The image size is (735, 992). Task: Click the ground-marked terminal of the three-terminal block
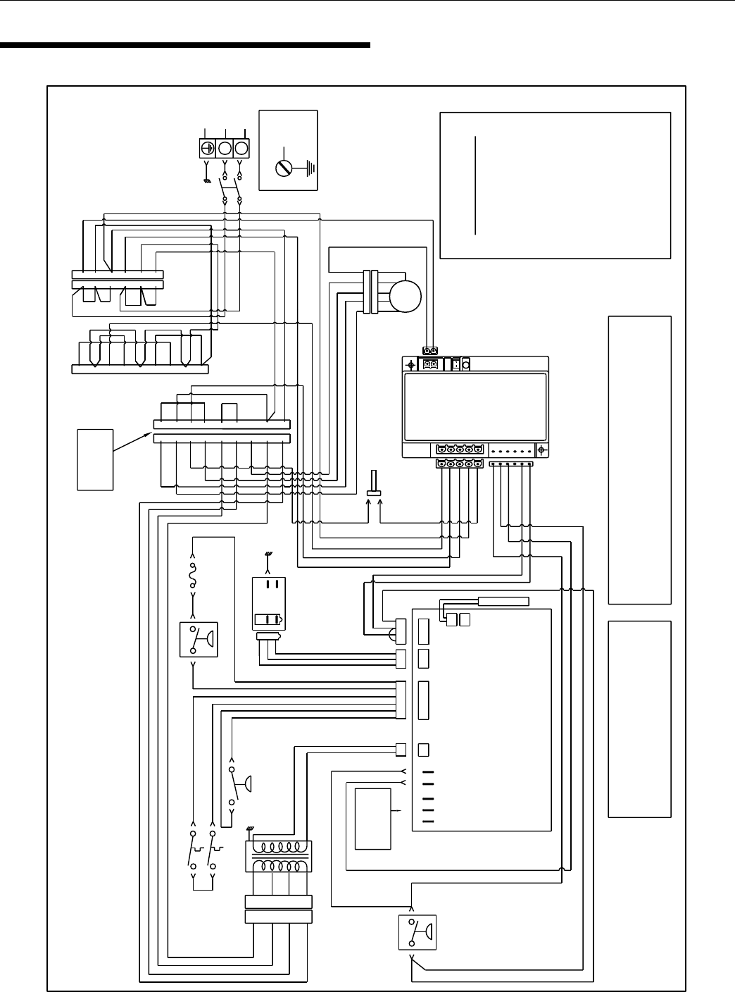208,149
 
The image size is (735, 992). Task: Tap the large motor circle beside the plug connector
406,297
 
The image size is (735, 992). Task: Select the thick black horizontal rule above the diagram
185,46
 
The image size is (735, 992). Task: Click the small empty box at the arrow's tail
95,459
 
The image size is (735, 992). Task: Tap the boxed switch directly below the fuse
199,640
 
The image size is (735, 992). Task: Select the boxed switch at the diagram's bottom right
417,932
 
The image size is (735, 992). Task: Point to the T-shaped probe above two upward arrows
374,486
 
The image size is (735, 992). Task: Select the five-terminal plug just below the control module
459,463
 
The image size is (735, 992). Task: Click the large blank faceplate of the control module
475,407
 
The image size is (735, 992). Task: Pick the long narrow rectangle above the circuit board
503,601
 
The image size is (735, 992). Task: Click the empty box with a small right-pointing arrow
372,819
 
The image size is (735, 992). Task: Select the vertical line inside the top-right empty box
476,185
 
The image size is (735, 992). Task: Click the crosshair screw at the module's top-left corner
411,365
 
